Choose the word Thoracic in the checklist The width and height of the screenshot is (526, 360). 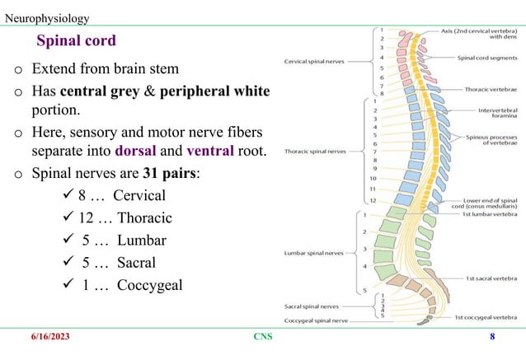[x=144, y=218]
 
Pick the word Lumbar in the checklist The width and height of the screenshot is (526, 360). [x=140, y=241]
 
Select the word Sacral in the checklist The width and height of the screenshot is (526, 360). [x=135, y=263]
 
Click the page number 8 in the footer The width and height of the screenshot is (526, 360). [x=492, y=336]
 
